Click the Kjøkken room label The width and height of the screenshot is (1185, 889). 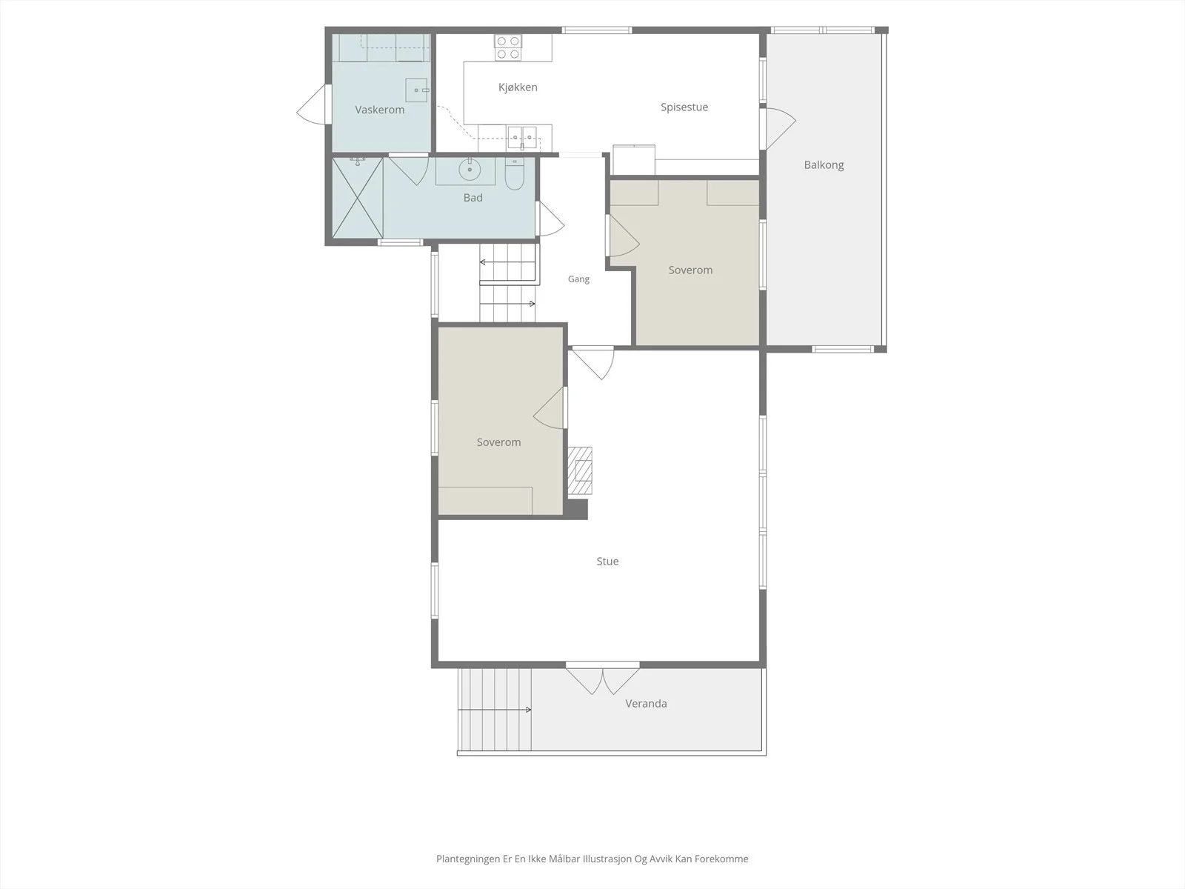point(518,87)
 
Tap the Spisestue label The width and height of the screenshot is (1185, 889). point(684,107)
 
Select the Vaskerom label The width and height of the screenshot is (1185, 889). point(379,110)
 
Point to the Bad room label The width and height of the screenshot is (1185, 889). point(473,198)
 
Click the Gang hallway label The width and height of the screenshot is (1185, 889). point(578,279)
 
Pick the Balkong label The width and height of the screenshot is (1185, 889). point(824,164)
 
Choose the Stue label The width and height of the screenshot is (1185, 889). point(607,562)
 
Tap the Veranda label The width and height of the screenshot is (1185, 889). point(646,703)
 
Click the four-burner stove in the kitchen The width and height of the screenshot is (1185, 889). point(508,47)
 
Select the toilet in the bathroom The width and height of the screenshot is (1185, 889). point(515,174)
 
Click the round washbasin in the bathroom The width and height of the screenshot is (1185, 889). point(470,169)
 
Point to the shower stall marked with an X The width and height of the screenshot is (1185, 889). point(358,198)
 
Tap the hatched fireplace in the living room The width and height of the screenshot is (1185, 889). point(580,470)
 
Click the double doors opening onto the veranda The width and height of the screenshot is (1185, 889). point(602,680)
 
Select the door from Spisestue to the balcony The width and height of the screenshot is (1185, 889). point(779,128)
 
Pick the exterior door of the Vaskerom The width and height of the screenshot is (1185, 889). point(313,104)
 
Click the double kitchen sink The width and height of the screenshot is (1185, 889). point(522,137)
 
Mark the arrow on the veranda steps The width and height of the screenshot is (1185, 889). point(495,710)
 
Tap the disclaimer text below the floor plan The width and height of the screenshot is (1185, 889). point(592,859)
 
